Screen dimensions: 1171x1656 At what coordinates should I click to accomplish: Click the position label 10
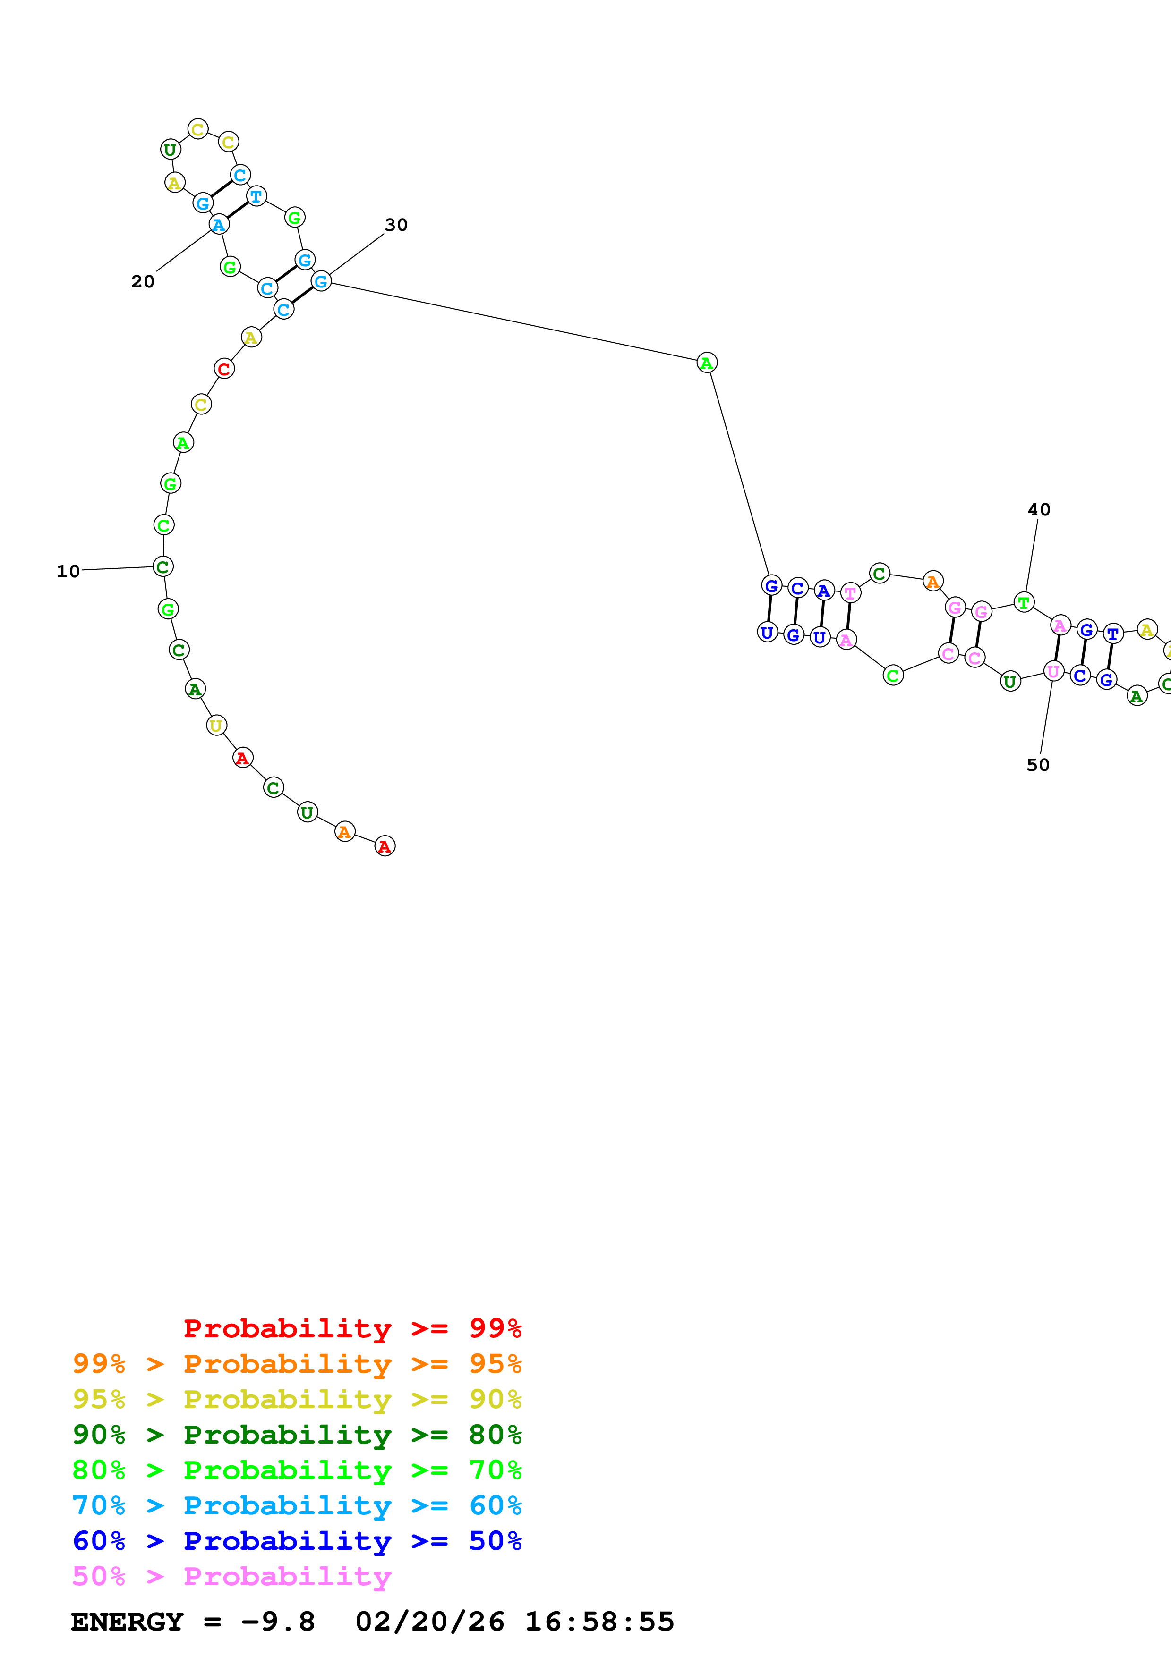(x=68, y=571)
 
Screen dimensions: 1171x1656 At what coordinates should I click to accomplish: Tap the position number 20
(x=143, y=281)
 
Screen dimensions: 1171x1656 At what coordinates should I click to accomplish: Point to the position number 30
(x=396, y=225)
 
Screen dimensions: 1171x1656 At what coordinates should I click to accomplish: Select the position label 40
(x=1039, y=510)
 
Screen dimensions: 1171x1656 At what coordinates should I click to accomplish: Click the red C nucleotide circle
(x=224, y=369)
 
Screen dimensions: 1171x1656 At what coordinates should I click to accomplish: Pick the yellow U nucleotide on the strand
(x=216, y=725)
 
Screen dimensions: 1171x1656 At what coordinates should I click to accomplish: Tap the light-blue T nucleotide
(x=256, y=196)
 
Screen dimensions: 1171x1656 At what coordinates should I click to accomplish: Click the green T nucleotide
(x=1023, y=602)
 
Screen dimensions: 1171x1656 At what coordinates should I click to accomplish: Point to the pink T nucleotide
(x=851, y=593)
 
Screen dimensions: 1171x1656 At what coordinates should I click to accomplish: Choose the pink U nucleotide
(x=1053, y=671)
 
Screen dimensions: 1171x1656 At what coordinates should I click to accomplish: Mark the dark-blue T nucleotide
(x=1113, y=634)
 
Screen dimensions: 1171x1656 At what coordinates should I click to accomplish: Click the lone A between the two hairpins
(x=706, y=363)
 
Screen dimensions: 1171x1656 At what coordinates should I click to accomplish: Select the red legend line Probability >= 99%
(x=352, y=1328)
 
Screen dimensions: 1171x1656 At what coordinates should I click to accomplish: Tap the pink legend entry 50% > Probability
(x=231, y=1576)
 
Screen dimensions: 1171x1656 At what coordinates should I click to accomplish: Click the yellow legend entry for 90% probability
(x=297, y=1399)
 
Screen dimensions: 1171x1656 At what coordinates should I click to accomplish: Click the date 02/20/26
(x=430, y=1622)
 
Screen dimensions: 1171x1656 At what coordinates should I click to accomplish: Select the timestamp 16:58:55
(x=599, y=1622)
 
